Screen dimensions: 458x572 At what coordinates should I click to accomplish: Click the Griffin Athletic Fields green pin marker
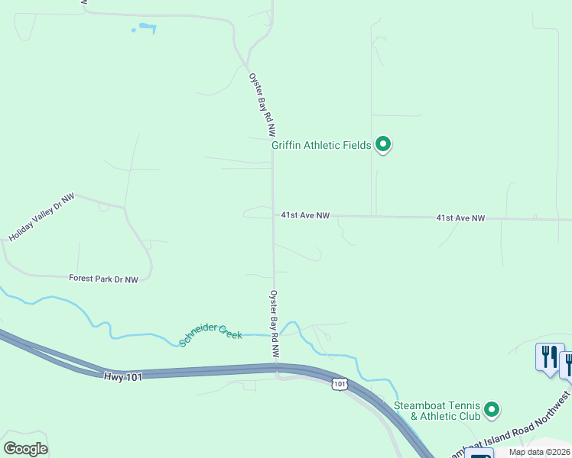coord(383,144)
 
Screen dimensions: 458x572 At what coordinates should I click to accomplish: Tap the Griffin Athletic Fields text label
coord(321,145)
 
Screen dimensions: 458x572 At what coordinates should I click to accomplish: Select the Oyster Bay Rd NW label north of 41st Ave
coord(261,105)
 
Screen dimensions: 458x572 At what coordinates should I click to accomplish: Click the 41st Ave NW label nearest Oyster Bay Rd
coord(304,216)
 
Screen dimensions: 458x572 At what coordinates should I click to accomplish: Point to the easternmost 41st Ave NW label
coord(460,218)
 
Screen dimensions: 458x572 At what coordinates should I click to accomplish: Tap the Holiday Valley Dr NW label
coord(41,218)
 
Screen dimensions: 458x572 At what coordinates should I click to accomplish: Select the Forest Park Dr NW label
coord(103,279)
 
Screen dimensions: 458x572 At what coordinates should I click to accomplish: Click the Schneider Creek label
coord(210,335)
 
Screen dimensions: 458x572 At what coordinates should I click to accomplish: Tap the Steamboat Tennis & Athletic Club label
coord(437,411)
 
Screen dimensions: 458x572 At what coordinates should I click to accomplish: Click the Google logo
coord(26,448)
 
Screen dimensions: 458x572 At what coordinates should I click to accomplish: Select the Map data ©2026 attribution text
coord(539,452)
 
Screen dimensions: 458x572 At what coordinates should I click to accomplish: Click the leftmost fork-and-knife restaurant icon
coord(549,357)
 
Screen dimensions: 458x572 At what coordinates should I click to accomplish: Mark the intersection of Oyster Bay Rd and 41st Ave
coord(274,215)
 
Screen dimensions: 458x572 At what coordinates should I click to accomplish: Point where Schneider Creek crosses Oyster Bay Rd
coord(275,334)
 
